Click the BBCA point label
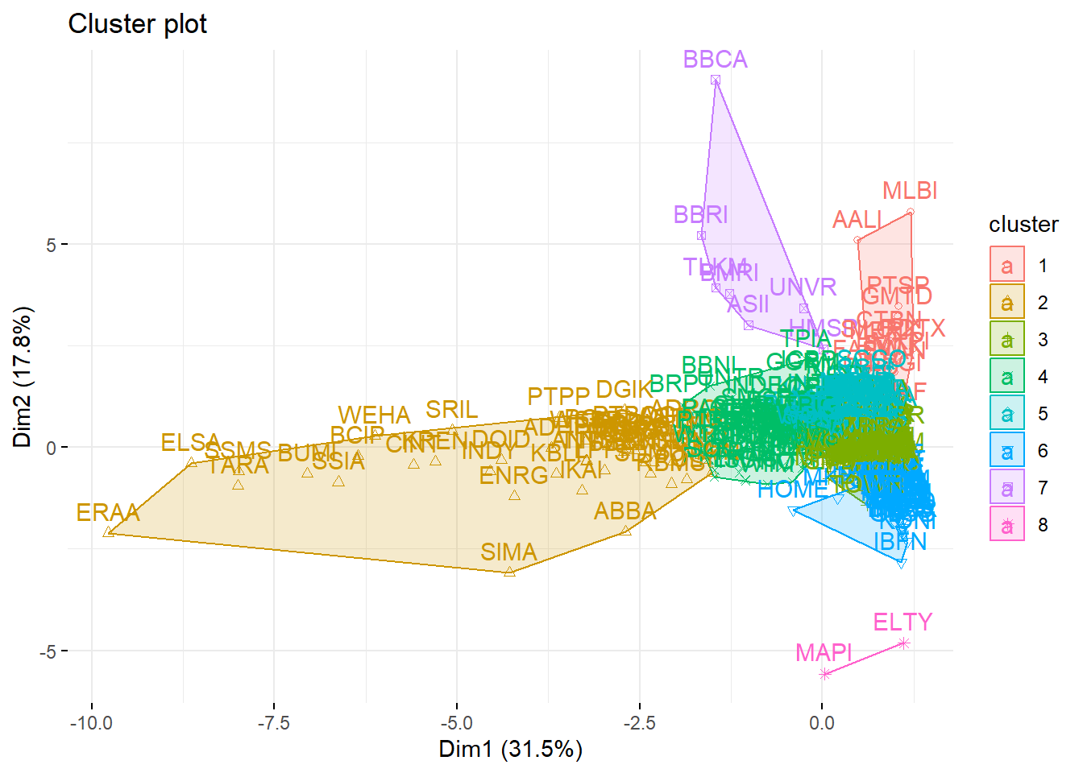coord(715,60)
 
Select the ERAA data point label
coord(108,513)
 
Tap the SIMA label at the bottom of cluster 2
coord(508,552)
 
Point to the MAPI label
coord(824,652)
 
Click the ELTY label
coord(902,622)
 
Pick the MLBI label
coord(910,191)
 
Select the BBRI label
coord(700,215)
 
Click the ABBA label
coord(625,511)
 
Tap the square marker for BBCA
coord(716,80)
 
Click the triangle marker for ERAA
coord(109,532)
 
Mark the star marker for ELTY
coord(904,643)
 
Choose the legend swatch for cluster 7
coord(1006,487)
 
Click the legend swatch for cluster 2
coord(1006,303)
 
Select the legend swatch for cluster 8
coord(1006,525)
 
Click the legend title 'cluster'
coord(1023,224)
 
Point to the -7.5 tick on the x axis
coord(274,722)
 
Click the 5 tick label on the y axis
coord(51,245)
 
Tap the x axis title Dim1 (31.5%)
coord(510,750)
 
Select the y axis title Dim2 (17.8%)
coord(23,377)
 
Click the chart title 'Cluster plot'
coord(138,24)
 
